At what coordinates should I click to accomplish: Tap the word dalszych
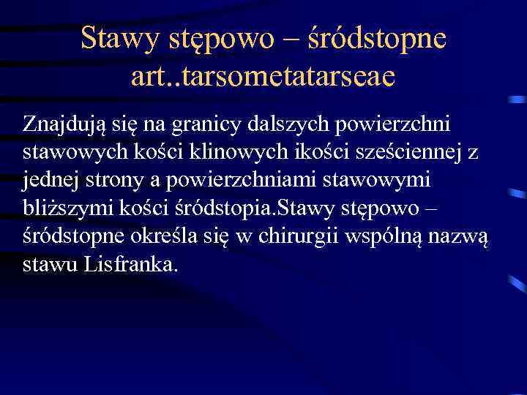click(304, 125)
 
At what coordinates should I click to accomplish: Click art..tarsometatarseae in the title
click(263, 75)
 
